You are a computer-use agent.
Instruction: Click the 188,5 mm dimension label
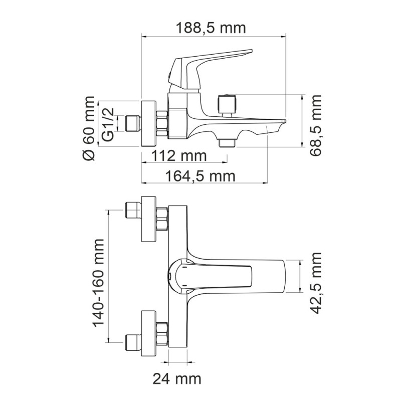click(x=211, y=28)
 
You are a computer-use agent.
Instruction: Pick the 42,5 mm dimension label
click(x=315, y=283)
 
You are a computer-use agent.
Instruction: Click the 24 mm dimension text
click(x=176, y=378)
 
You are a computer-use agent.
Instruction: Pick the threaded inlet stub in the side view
click(x=132, y=123)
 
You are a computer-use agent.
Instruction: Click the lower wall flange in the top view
click(x=149, y=333)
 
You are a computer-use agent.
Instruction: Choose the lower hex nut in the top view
click(x=162, y=333)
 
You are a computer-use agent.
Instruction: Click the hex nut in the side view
click(x=162, y=123)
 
